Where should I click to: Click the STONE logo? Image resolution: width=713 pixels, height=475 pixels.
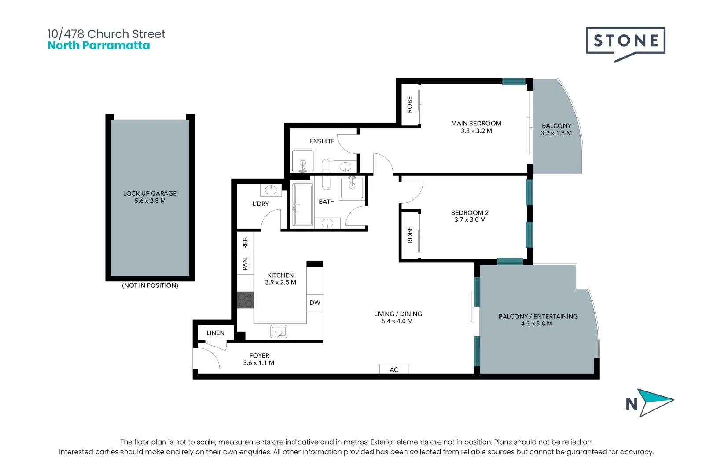(x=625, y=44)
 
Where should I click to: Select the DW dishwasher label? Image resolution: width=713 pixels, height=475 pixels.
(x=315, y=303)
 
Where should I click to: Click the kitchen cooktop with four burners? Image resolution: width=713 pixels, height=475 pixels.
(x=245, y=300)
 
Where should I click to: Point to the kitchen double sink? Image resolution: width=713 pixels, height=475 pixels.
(x=279, y=331)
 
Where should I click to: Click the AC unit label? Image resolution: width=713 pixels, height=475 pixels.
(x=394, y=369)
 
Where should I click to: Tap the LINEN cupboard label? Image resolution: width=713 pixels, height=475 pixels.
(x=216, y=333)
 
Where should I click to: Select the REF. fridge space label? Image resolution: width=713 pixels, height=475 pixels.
(x=245, y=243)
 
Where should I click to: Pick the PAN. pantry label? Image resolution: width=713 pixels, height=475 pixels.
(x=245, y=264)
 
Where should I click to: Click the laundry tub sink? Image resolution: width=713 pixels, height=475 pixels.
(x=271, y=190)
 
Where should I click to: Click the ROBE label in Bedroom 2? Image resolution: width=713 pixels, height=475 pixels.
(x=410, y=235)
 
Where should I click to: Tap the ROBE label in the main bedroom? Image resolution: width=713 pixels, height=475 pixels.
(x=410, y=104)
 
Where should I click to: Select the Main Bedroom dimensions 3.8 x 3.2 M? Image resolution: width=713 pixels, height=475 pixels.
(x=476, y=131)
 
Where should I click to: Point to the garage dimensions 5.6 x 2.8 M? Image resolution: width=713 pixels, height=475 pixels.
(x=150, y=201)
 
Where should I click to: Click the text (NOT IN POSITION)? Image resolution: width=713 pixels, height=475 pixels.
(x=150, y=285)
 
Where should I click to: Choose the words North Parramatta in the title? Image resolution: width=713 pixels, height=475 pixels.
(x=99, y=45)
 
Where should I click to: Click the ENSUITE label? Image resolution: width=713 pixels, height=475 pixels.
(x=322, y=141)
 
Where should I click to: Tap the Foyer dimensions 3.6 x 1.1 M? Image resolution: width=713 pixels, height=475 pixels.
(x=259, y=363)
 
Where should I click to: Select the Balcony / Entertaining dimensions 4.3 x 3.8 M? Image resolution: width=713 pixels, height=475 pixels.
(x=537, y=324)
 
